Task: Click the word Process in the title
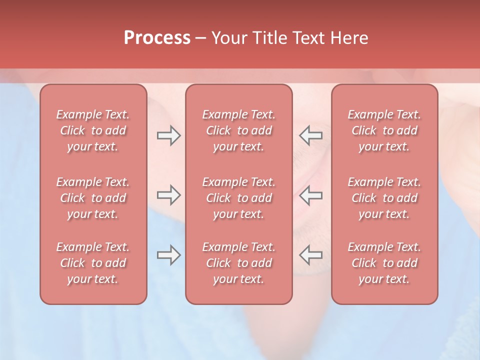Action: pos(157,38)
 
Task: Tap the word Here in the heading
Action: pos(349,38)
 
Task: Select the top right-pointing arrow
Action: pos(168,135)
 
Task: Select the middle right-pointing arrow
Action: pos(168,195)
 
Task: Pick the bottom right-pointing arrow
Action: pos(168,255)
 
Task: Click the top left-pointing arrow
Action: pos(311,135)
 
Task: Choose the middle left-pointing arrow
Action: pos(311,195)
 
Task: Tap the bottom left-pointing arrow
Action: pos(311,255)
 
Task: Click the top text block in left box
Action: pos(93,130)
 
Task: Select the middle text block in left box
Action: pos(93,198)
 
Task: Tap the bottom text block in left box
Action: pos(93,263)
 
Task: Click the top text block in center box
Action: pos(239,130)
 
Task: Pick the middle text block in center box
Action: pos(239,198)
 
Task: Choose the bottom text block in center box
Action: pos(239,263)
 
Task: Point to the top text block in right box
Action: pos(384,130)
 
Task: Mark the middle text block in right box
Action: pos(384,198)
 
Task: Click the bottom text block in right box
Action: pos(384,263)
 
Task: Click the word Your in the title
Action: pos(229,38)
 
